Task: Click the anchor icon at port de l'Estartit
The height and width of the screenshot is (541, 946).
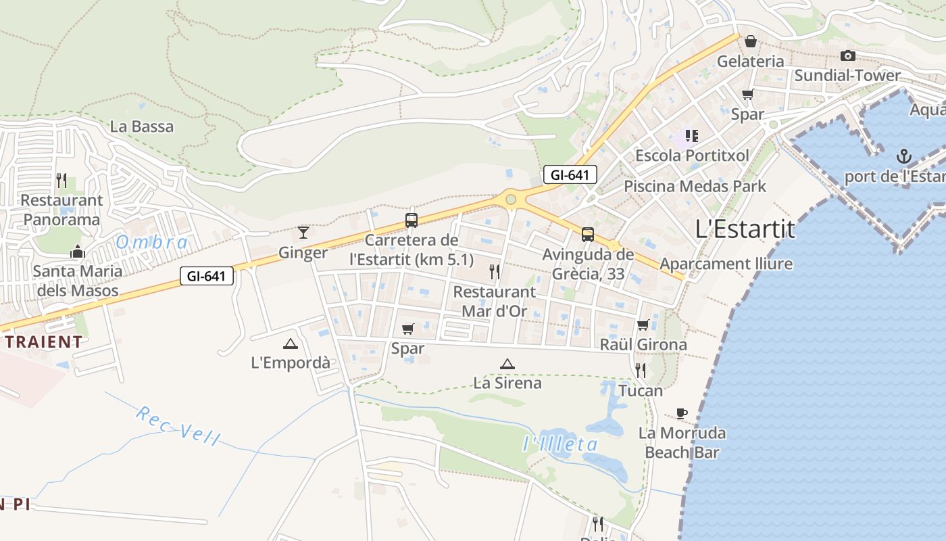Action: (903, 158)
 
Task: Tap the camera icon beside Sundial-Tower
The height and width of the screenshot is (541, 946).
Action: (848, 55)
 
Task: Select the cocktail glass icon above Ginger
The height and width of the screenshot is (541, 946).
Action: (303, 233)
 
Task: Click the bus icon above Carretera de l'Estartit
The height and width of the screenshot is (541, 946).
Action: (411, 220)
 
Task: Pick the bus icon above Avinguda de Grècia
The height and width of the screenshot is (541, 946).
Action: (588, 235)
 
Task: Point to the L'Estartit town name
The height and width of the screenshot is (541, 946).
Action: (745, 230)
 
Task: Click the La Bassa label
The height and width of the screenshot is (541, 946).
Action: (142, 126)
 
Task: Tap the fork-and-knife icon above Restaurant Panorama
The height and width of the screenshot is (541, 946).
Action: (61, 180)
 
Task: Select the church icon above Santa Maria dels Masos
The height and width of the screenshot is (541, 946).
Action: (78, 252)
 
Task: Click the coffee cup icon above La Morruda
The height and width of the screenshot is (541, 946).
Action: (682, 413)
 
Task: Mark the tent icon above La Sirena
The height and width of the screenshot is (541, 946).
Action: (507, 364)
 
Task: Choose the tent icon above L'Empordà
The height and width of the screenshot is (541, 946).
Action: (291, 344)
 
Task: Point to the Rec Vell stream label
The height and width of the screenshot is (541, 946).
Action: (178, 425)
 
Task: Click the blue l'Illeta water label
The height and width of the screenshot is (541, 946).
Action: (561, 444)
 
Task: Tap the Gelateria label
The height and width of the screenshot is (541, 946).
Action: (751, 62)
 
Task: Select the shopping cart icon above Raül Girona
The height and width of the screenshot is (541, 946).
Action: (643, 325)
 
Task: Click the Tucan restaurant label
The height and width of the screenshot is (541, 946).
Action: (641, 390)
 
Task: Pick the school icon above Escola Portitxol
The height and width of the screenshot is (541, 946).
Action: (691, 136)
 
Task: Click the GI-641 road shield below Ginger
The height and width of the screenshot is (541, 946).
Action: (207, 276)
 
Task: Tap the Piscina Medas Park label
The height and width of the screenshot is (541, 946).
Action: (695, 186)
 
